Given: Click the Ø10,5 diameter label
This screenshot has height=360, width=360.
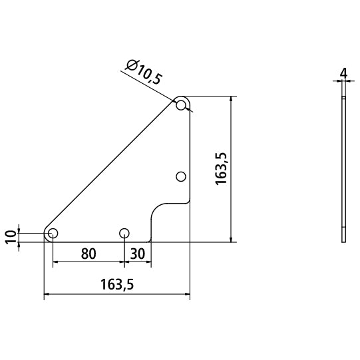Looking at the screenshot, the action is coord(144,72).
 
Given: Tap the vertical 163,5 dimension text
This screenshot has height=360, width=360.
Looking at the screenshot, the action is coord(221,168).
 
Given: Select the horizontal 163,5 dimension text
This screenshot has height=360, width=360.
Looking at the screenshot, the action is coord(117,284).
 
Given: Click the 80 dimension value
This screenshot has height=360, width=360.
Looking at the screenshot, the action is coord(89,254).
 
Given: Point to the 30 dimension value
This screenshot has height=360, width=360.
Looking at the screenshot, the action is coord(138,254).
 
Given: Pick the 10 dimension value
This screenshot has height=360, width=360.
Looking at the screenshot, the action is coord(11,238).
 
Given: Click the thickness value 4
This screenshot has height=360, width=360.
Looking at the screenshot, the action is coord(343,73).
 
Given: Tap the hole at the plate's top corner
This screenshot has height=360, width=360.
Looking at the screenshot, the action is coord(181,105).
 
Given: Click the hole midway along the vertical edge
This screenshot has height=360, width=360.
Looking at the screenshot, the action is coord(181,176).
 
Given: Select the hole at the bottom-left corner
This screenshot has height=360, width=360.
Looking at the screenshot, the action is coord(53,233).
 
